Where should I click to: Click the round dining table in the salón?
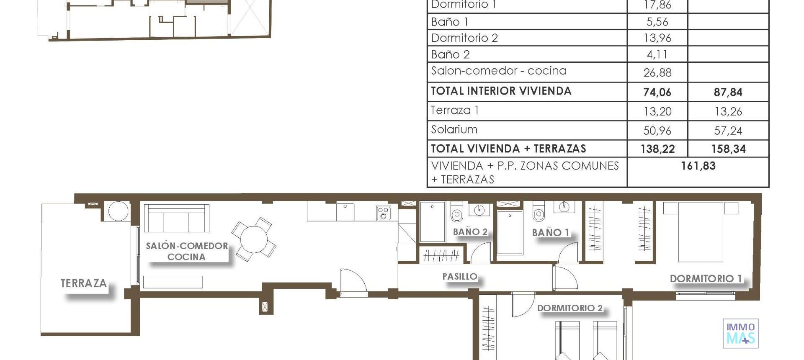click(254, 239)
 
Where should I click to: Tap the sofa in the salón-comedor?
click(176, 219)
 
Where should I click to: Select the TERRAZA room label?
click(84, 283)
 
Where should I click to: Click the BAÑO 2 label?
click(470, 232)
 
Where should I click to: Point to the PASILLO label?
click(460, 276)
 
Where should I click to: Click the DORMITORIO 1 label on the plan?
click(706, 278)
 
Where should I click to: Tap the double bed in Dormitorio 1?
click(700, 232)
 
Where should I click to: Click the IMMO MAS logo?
click(740, 334)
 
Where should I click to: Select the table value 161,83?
click(698, 166)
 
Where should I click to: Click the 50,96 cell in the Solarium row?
click(657, 131)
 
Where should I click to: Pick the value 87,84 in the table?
click(728, 92)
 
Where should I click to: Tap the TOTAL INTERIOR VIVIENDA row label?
click(501, 91)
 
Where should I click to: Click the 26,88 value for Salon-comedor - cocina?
click(657, 73)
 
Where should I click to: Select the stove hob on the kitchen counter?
click(383, 213)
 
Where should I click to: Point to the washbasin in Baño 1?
click(564, 206)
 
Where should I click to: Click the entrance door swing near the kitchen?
click(353, 282)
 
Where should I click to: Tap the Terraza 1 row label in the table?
click(455, 110)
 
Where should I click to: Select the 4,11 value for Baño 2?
click(657, 54)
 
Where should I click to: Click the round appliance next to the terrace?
click(118, 211)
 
